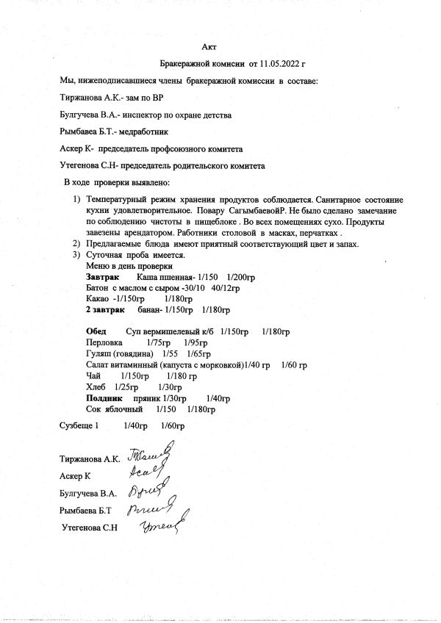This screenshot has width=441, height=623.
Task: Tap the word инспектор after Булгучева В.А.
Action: (x=141, y=115)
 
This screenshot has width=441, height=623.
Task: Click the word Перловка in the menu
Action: (x=104, y=343)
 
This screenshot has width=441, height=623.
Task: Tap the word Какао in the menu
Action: (x=98, y=300)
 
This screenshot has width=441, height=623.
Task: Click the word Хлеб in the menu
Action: (x=96, y=386)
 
